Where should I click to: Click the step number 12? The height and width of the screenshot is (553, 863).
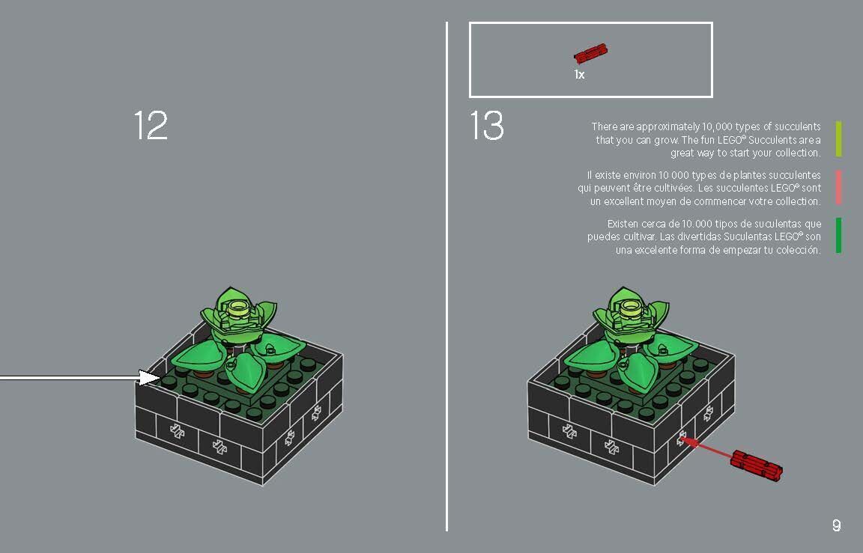151,126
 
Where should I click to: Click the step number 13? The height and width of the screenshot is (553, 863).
487,126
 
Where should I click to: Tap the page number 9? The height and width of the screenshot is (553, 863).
836,525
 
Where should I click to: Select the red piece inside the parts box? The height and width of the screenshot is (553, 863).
590,54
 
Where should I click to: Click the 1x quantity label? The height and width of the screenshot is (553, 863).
579,75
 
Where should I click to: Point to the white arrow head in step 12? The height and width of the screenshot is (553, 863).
151,378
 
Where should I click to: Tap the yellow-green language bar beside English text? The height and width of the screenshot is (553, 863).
838,139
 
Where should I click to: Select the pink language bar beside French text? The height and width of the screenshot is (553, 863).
838,187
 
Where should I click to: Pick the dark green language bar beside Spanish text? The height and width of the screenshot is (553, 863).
838,235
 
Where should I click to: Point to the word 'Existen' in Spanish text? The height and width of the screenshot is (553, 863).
623,224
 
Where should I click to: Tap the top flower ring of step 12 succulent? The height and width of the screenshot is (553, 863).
239,305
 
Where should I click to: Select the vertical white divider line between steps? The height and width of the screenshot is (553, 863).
447,277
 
